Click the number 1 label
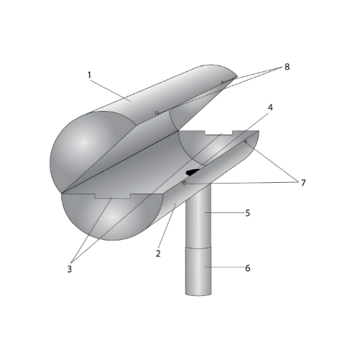point(89,75)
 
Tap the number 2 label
point(158,253)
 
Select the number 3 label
point(69,269)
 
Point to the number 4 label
point(271,107)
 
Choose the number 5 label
point(248,213)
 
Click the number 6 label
point(248,268)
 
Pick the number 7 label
point(303,183)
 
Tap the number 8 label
point(287,67)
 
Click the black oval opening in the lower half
point(193,171)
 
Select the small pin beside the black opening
point(184,183)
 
